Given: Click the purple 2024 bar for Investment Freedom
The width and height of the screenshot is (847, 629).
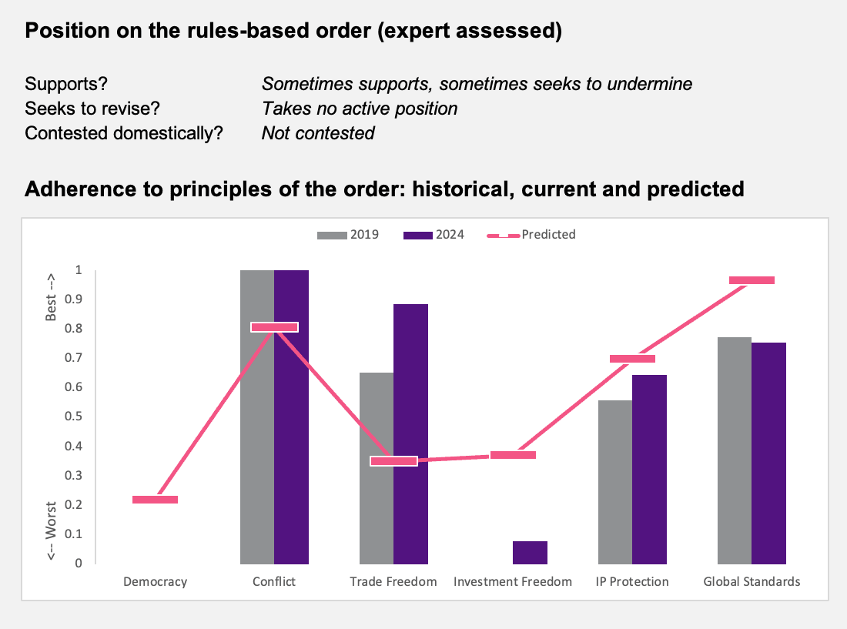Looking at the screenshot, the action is (530, 552).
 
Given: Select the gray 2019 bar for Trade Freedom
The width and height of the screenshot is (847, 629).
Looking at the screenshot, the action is (377, 468).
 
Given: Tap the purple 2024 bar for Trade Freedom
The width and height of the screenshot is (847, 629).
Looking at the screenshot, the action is (410, 434).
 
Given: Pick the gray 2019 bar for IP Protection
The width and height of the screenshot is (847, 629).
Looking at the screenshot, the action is (615, 482).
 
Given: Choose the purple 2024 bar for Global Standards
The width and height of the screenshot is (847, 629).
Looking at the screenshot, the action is (768, 453).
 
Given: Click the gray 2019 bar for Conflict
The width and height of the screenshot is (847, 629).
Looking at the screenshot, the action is (257, 417).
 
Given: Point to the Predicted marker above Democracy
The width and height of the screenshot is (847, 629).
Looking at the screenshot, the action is (155, 500).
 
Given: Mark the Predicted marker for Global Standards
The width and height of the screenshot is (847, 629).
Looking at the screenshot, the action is (752, 280).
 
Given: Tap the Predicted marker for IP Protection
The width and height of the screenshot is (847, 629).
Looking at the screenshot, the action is (632, 359).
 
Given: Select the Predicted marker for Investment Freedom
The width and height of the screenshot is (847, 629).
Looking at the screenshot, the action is (513, 455).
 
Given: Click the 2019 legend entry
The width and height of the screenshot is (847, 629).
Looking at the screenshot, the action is (348, 235).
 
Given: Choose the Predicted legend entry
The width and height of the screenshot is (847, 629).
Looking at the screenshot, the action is (531, 235).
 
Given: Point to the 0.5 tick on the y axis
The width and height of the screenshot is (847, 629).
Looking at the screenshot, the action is (73, 417).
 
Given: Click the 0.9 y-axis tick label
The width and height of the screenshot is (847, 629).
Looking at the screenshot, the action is (73, 299).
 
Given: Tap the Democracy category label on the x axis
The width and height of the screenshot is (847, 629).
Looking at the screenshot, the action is (155, 581).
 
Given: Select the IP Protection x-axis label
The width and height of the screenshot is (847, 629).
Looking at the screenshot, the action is (632, 581).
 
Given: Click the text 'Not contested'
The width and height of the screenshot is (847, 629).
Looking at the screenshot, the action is (318, 133).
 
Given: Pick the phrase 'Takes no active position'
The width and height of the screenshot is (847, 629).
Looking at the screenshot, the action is (360, 109).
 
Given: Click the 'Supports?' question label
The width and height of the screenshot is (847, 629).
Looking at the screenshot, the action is (66, 84).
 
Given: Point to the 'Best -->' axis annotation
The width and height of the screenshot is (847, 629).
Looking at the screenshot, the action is (51, 297).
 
